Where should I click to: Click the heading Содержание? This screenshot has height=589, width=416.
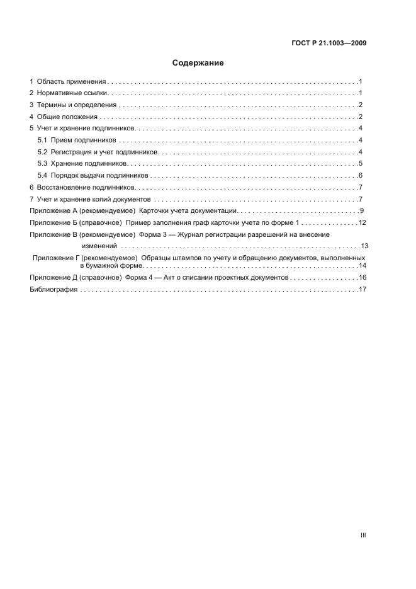point(198,63)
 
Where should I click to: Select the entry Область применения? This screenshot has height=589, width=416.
point(70,82)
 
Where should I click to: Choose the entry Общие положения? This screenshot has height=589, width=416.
point(67,117)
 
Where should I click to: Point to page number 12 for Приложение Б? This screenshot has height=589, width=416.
point(362,223)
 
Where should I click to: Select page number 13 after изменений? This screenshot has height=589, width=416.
point(364,246)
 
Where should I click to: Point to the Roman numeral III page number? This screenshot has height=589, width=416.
point(363,535)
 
